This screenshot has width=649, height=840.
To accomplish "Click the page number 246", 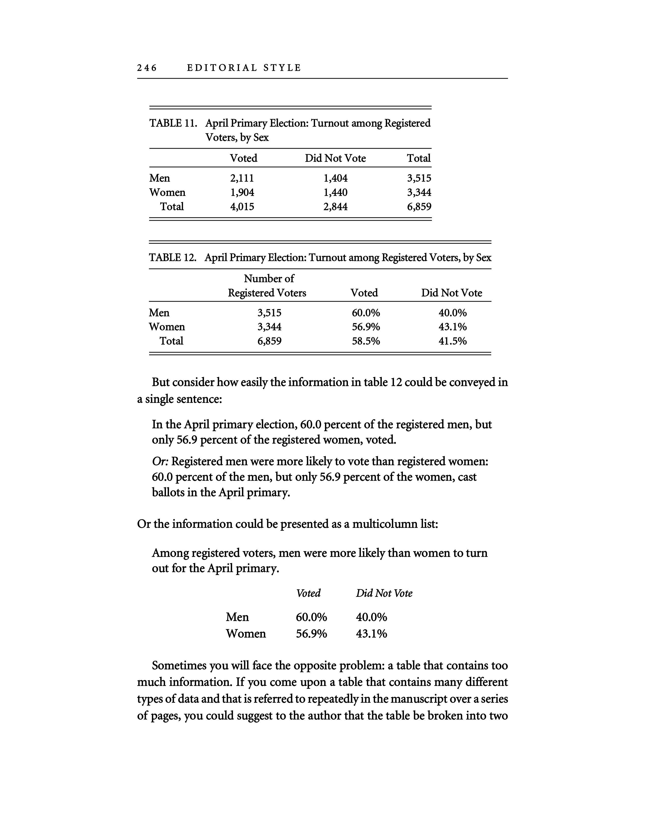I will tap(147, 68).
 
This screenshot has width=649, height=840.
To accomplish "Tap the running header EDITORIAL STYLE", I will tap(244, 68).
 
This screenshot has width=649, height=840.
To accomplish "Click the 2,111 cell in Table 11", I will tap(242, 178).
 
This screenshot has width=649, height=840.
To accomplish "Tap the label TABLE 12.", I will tap(172, 258).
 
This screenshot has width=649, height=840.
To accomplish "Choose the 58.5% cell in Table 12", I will tap(366, 341).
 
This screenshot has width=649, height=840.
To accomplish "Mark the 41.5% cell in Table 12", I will tap(453, 341).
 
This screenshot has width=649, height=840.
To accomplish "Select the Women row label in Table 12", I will tap(167, 327).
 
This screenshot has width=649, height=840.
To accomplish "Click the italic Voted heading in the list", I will tap(308, 593).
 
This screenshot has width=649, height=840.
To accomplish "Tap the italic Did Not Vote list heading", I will tap(384, 593).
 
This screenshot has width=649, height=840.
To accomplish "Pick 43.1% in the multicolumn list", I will tap(371, 634).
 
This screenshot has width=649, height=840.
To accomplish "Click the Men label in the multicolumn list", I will tap(237, 617).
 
